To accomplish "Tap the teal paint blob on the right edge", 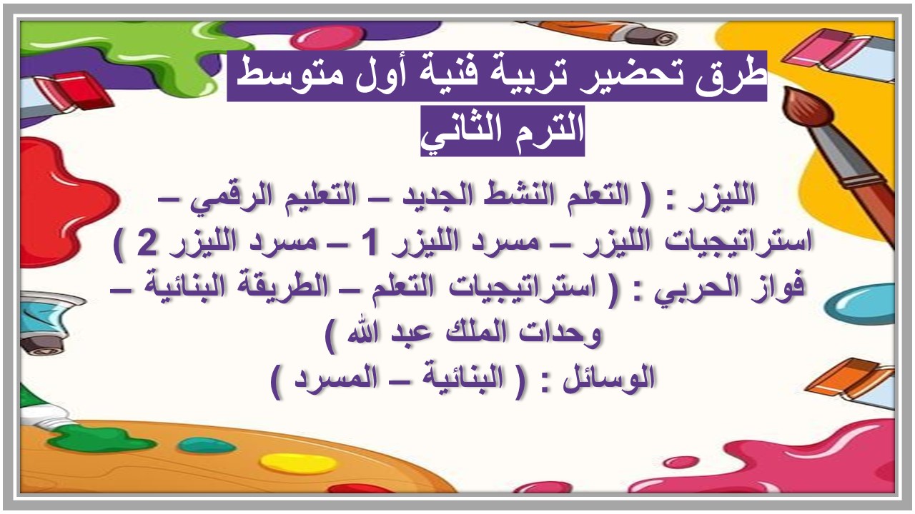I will [x=869, y=303].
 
